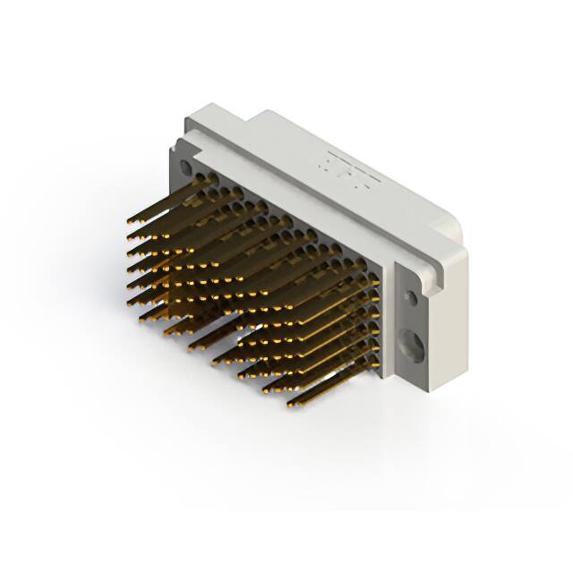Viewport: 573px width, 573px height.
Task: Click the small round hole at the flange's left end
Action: pos(186,167)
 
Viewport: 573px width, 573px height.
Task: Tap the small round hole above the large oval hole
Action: pos(410,296)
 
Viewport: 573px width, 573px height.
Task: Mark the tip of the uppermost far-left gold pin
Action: pos(128,219)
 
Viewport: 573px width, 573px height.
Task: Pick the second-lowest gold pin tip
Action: pos(265,390)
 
